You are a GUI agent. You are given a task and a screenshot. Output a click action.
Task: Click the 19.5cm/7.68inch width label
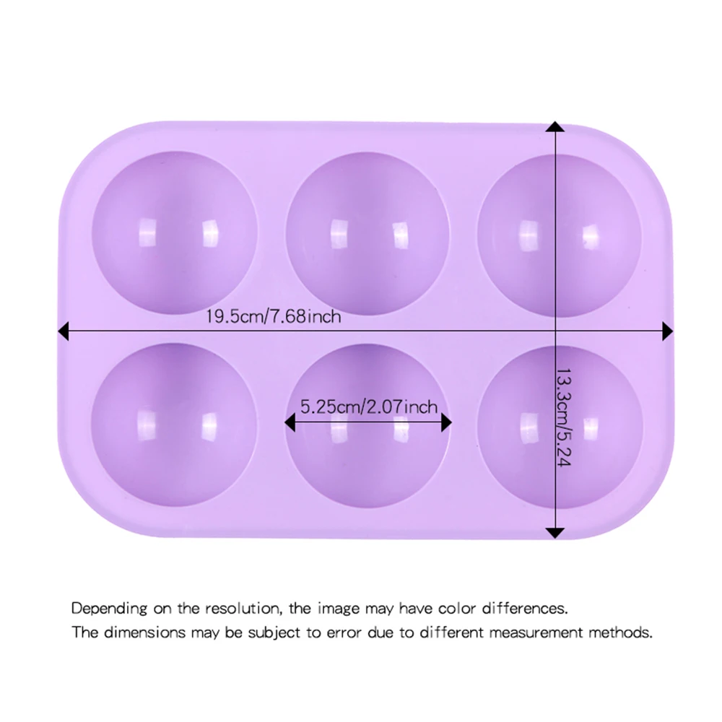[x=273, y=316]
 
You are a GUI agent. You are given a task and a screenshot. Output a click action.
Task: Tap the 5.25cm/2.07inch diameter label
[x=369, y=406]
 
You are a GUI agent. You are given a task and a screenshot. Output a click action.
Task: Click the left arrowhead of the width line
[x=63, y=331]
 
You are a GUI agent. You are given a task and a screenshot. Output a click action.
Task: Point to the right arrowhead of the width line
[x=667, y=331]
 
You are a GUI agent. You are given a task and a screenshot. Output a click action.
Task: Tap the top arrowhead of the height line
[x=554, y=128]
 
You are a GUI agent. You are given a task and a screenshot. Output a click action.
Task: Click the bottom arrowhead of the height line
[x=554, y=533]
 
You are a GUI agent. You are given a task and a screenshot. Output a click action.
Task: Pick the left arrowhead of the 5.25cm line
[x=290, y=423]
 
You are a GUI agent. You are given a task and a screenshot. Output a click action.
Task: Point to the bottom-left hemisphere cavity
[x=174, y=423]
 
